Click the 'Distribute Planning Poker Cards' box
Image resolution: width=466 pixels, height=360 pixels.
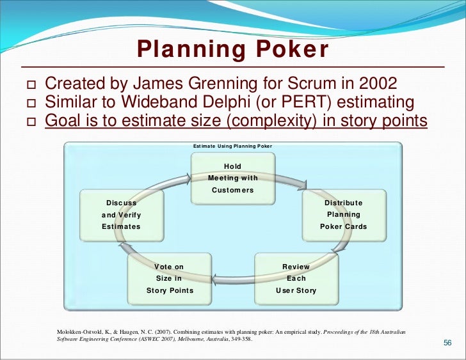[x=344, y=215]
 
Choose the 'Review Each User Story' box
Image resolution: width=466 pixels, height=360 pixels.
[x=296, y=278]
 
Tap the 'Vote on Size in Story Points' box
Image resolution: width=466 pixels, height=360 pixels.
[x=170, y=278]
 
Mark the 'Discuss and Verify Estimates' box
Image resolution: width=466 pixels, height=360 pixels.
[x=122, y=215]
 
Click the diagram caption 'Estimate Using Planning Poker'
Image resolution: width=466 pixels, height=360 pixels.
[x=233, y=146]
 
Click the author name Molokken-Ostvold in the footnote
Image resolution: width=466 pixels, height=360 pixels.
[x=80, y=332]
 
